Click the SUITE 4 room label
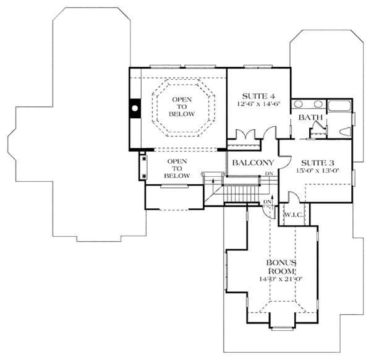pos(258,96)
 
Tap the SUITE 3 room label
pos(318,163)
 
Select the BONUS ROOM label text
pos(281,267)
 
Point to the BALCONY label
pos(253,163)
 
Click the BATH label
pos(310,117)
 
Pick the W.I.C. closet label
pos(293,215)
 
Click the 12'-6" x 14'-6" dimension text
pos(258,104)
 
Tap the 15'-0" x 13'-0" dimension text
pos(318,171)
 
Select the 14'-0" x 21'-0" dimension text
pos(281,279)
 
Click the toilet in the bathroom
pos(345,132)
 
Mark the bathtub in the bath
pos(339,106)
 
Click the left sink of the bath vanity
pos(299,104)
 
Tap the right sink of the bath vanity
pos(318,104)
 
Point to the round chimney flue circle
pos(135,108)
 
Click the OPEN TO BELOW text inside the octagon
pos(182,107)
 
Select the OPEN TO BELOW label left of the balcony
pos(177,168)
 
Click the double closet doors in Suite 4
pos(246,134)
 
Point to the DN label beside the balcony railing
pos(269,174)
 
